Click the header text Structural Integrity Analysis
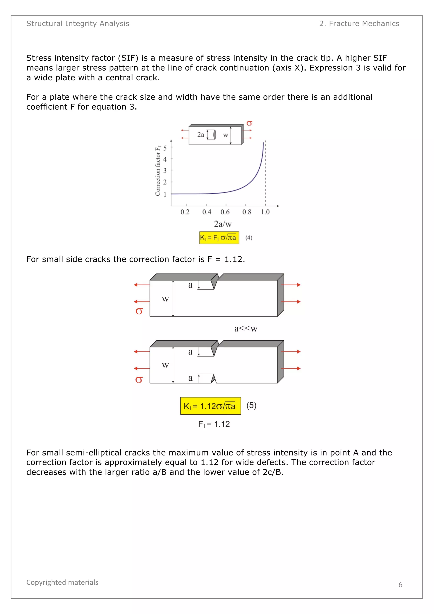(x=78, y=24)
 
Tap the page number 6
(x=400, y=585)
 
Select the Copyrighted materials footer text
(x=62, y=582)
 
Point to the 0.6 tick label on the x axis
(x=225, y=212)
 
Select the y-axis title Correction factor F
(x=158, y=171)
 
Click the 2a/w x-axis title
(x=223, y=224)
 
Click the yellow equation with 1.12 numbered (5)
(x=210, y=406)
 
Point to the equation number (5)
(x=251, y=405)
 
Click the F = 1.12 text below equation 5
(x=214, y=424)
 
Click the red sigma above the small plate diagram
(x=249, y=123)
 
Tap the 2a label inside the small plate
(x=200, y=135)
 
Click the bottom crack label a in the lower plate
(x=190, y=378)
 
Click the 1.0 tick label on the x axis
(x=265, y=212)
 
